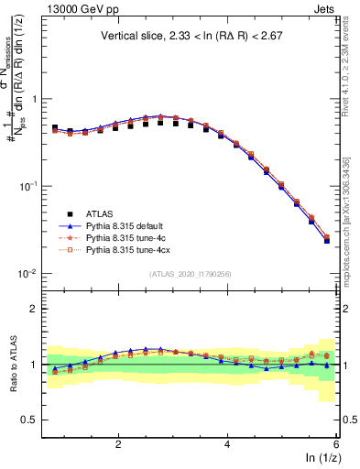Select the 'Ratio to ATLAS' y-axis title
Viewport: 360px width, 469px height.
point(11,365)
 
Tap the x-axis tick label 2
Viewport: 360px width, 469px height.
point(118,444)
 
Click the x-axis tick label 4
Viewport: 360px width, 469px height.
point(227,444)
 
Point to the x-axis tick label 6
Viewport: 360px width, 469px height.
point(335,444)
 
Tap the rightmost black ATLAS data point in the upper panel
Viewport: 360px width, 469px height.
point(327,241)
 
